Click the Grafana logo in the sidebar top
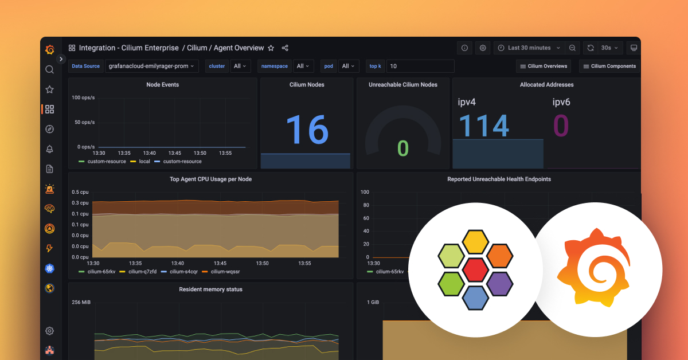[50, 49]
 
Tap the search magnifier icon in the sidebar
[50, 69]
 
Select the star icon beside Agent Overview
[271, 48]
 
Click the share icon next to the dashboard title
[285, 48]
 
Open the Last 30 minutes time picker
[529, 48]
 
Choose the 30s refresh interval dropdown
[609, 48]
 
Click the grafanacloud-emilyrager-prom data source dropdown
[151, 66]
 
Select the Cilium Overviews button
[544, 66]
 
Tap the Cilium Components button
[609, 66]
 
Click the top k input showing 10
[420, 66]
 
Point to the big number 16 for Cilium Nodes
[307, 130]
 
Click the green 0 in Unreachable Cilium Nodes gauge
[403, 148]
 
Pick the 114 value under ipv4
[484, 126]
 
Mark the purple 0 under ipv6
[561, 126]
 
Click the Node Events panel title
[163, 84]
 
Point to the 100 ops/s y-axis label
[84, 97]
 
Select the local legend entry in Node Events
[144, 161]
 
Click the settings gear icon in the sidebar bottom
[50, 331]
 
